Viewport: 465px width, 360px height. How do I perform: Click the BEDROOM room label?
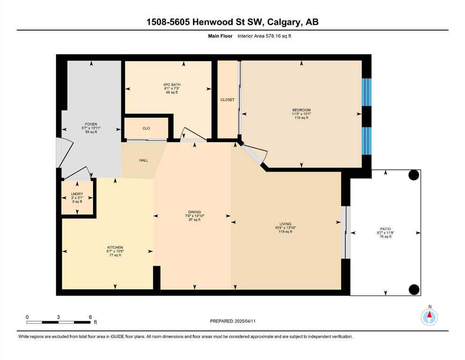[x=301, y=110]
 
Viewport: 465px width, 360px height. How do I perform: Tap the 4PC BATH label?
[x=172, y=84]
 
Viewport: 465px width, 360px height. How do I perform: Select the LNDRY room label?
[x=77, y=194]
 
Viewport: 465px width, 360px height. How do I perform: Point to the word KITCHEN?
[x=115, y=247]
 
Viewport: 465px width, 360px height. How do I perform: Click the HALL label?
[x=144, y=160]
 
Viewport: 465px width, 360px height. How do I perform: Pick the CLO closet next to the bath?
[x=146, y=128]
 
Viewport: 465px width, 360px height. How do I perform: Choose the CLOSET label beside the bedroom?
[x=228, y=100]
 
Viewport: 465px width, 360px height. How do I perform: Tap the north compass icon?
[x=429, y=317]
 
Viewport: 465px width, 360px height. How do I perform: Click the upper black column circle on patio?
[x=414, y=175]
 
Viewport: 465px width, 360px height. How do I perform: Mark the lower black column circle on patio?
[x=414, y=289]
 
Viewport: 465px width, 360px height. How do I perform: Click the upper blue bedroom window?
[x=367, y=92]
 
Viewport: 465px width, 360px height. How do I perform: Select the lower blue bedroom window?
[x=367, y=141]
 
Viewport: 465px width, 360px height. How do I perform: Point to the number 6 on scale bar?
[x=90, y=317]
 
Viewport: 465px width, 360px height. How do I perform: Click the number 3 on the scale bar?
[x=59, y=317]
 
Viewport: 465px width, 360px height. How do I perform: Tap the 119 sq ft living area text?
[x=285, y=232]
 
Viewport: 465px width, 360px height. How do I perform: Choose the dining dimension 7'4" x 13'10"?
[x=194, y=216]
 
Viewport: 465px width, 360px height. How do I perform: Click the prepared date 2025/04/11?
[x=245, y=321]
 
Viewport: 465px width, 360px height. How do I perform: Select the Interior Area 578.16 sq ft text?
[x=264, y=36]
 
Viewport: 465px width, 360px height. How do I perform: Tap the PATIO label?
[x=385, y=229]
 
